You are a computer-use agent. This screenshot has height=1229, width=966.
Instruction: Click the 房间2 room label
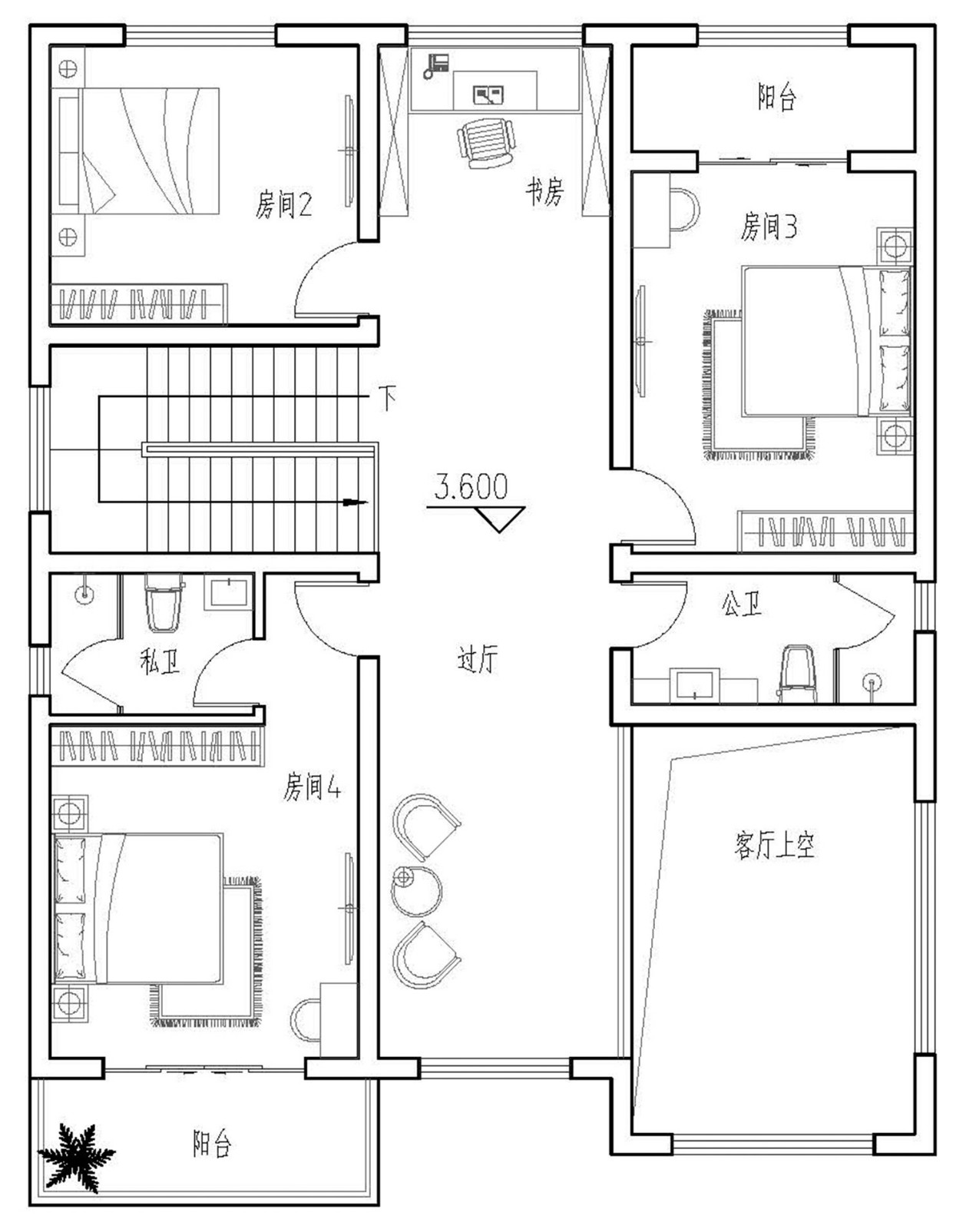tap(283, 204)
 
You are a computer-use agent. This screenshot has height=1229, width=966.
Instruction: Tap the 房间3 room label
tap(769, 226)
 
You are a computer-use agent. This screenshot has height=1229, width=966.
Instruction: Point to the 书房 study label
tap(544, 191)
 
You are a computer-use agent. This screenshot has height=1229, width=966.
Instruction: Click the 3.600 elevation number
tap(471, 486)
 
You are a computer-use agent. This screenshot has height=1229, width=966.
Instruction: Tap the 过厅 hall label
tap(478, 658)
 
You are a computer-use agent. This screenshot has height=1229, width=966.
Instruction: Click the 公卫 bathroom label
tap(741, 603)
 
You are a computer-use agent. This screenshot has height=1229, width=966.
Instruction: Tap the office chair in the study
tap(486, 144)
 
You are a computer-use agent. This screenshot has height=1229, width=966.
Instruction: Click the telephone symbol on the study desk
tap(436, 66)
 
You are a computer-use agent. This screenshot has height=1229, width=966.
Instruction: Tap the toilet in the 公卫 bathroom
tap(798, 674)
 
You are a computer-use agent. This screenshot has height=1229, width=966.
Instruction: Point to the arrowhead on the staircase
tap(355, 502)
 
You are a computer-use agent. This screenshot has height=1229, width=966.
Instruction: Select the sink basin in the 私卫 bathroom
tap(229, 592)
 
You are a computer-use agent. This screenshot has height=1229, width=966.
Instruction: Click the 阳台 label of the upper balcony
tap(776, 97)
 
